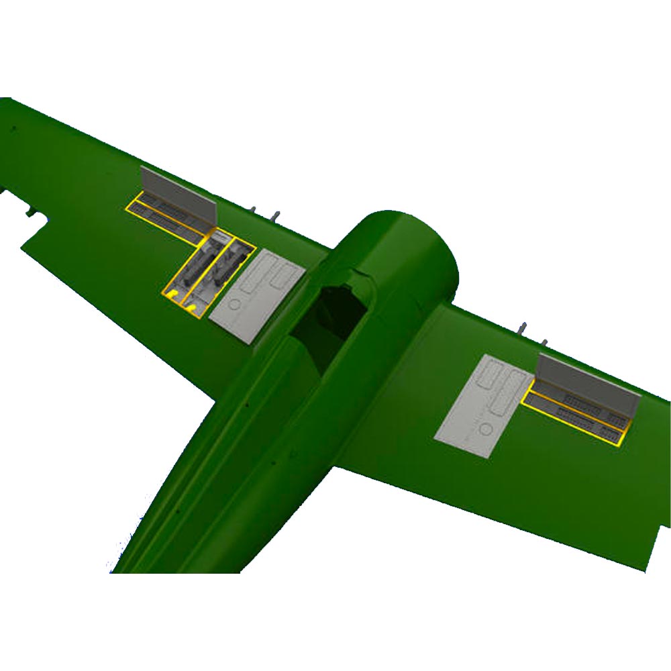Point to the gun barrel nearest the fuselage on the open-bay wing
(275, 216)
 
